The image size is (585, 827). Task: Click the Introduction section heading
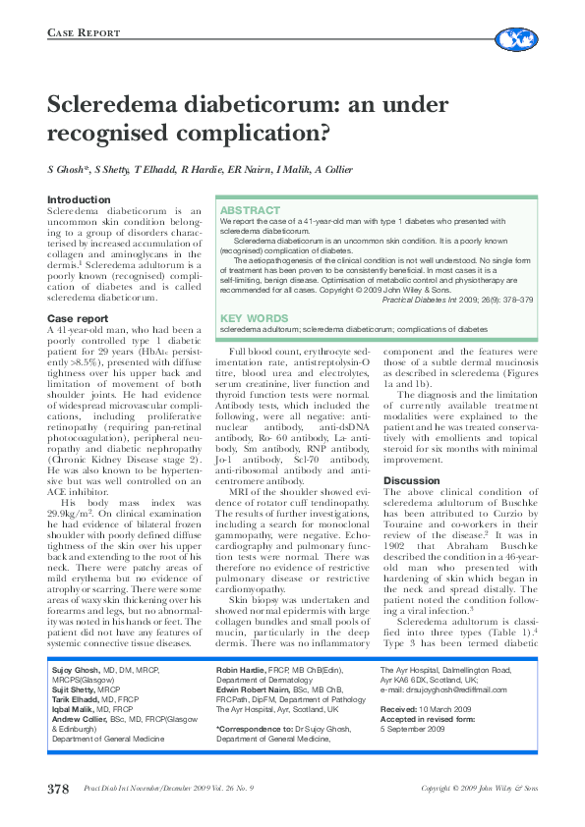tap(80, 200)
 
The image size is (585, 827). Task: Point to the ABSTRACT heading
tap(250, 211)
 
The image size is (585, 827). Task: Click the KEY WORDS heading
tap(254, 318)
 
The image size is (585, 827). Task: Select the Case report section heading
tap(78, 319)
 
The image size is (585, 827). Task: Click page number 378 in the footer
tap(58, 789)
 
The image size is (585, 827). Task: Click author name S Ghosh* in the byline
tap(74, 170)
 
